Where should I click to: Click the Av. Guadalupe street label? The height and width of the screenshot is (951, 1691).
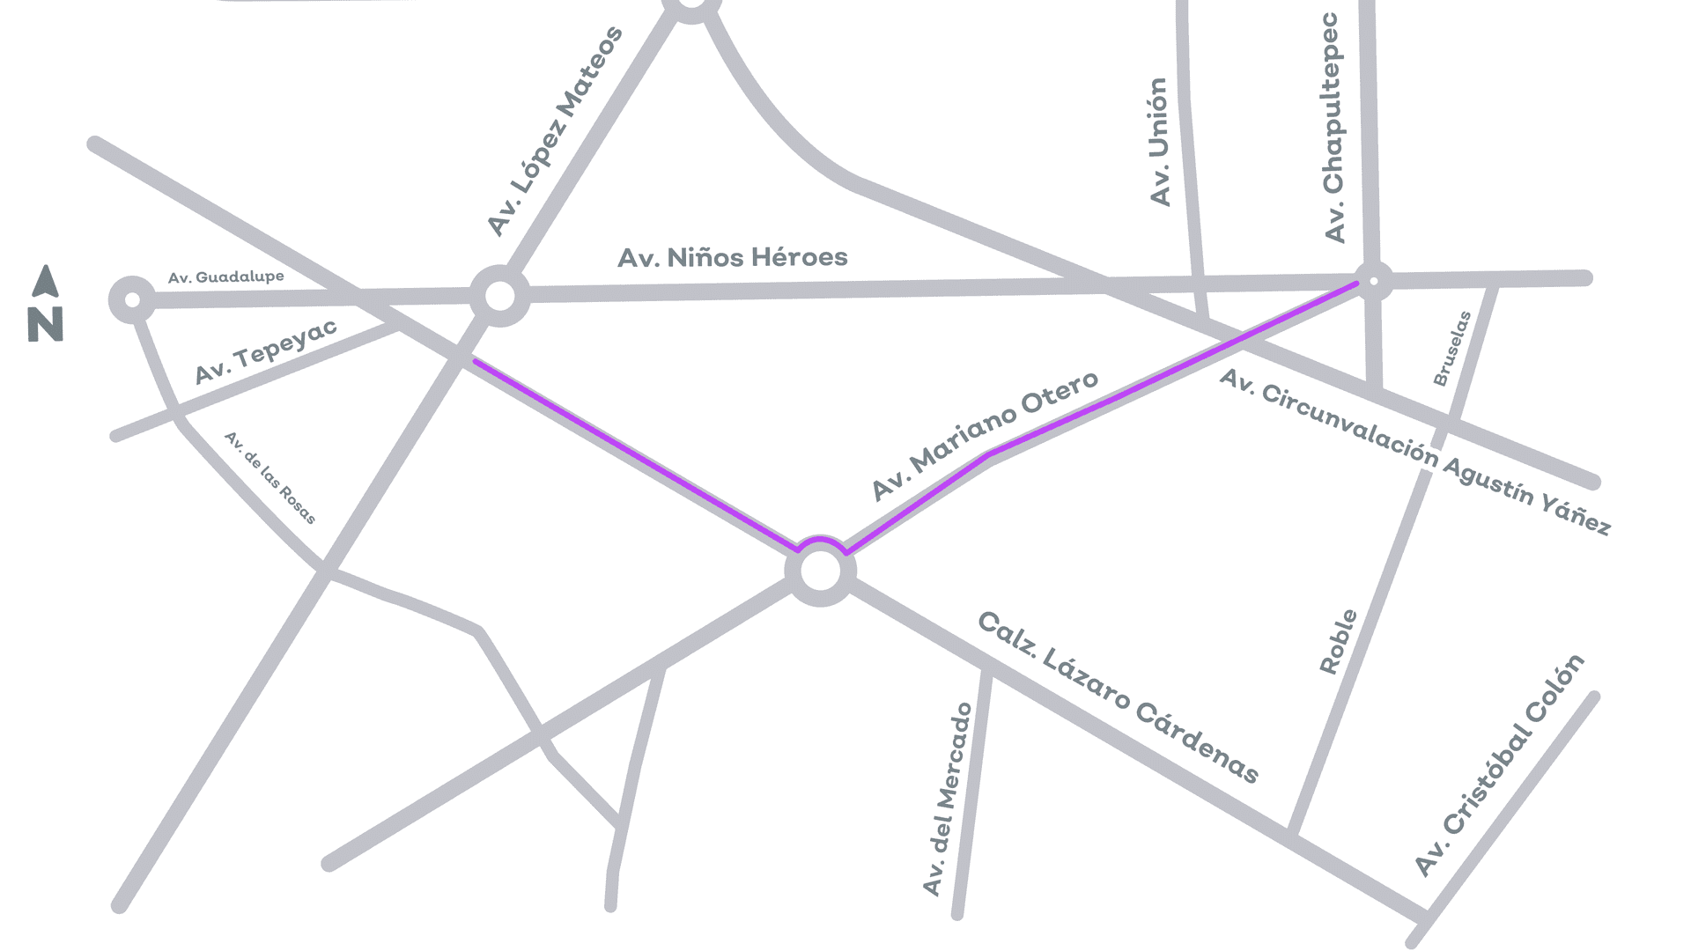coord(226,277)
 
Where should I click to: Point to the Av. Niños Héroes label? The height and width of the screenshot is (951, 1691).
coord(732,258)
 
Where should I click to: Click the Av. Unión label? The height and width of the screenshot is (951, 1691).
coord(1160,142)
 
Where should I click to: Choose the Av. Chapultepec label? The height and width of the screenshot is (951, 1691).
coord(1333,128)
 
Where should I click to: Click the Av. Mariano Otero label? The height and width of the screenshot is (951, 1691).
coord(985,435)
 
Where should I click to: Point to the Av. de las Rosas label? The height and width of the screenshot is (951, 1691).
coord(270,478)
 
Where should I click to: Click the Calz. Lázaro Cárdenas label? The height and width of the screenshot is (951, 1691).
coord(1119,697)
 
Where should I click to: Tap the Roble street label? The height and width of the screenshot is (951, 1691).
coord(1338,642)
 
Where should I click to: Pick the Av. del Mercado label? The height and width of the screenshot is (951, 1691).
coord(947,800)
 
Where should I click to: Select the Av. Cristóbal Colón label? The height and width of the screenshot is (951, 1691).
coord(1500,765)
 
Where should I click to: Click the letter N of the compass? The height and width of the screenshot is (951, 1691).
coord(46,324)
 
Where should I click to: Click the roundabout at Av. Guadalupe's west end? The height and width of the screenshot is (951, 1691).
coord(132,300)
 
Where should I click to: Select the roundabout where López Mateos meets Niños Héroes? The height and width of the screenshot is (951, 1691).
coord(499,296)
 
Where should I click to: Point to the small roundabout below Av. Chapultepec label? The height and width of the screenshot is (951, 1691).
coord(1373,281)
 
